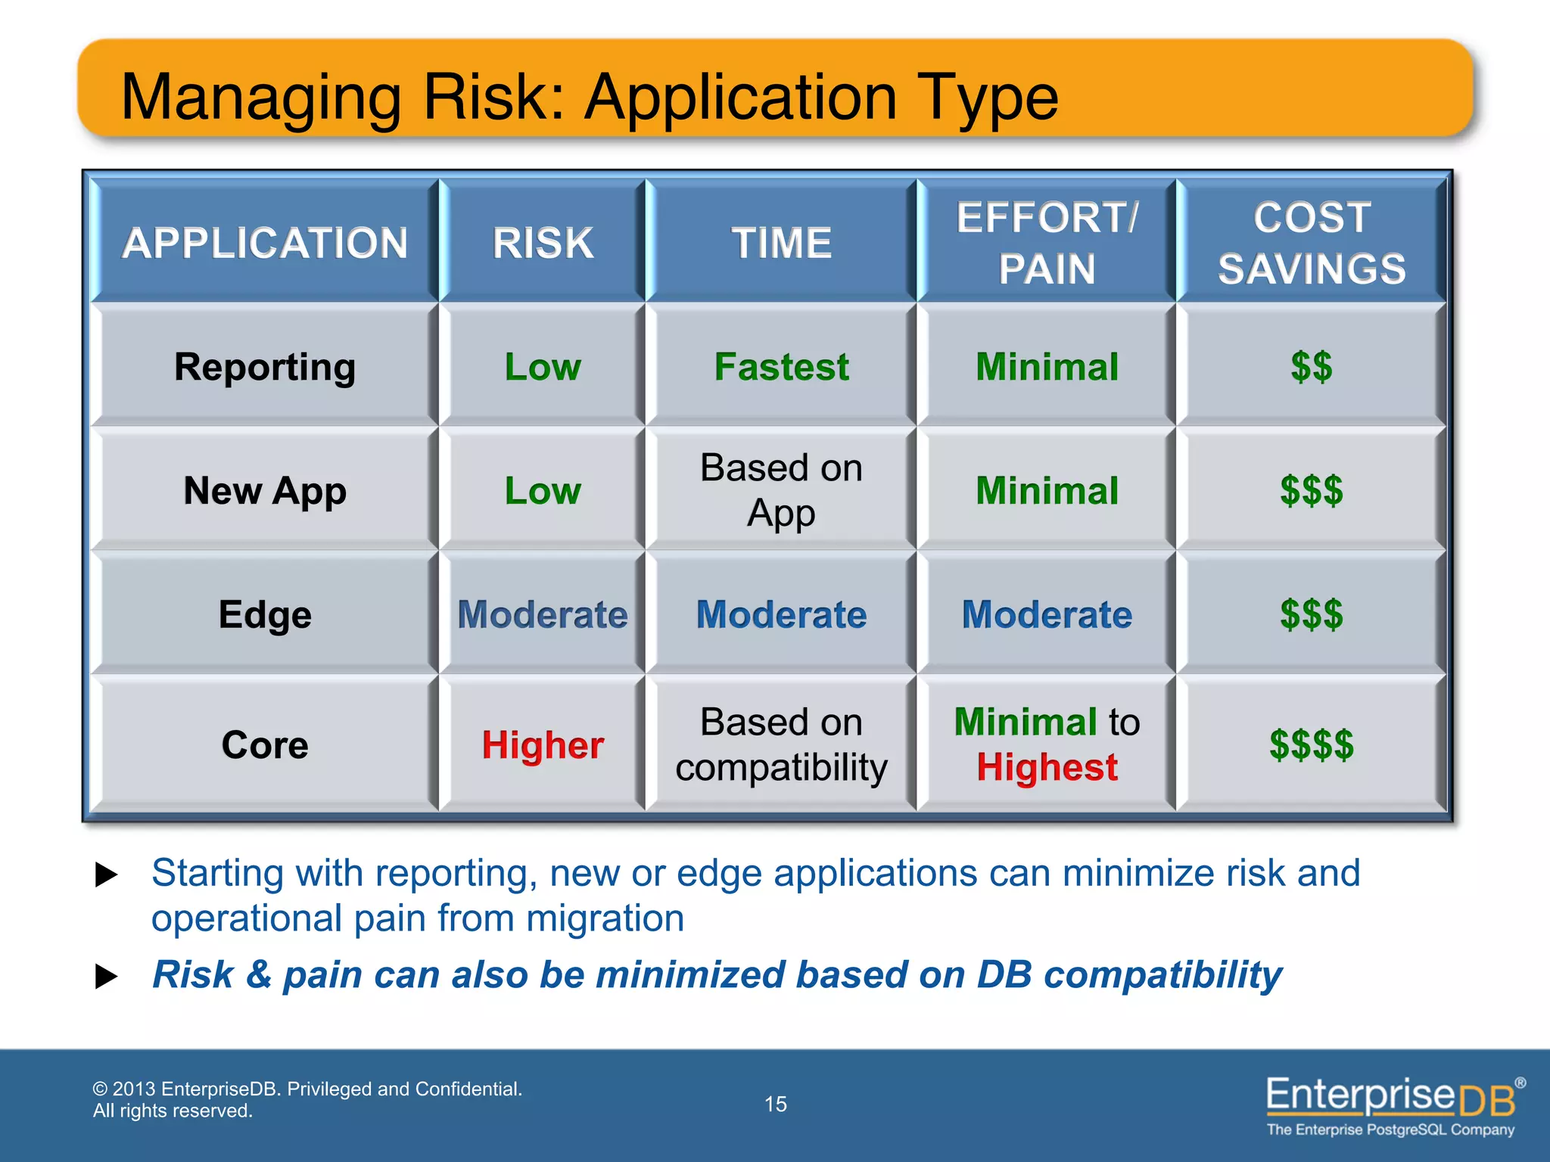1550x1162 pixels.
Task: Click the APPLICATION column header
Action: [x=265, y=243]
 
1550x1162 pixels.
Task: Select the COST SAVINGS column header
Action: [x=1312, y=243]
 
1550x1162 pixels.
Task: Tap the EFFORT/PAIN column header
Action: [x=1047, y=243]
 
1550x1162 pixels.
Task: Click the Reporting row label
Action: [x=265, y=367]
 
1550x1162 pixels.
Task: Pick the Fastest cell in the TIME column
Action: [x=781, y=367]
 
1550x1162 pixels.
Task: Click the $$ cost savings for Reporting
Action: [x=1312, y=367]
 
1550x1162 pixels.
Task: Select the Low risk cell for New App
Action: [x=543, y=491]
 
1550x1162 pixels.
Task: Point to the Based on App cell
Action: [x=781, y=490]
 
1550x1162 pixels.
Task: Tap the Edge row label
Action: [x=265, y=614]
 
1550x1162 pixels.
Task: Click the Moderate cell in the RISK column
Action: [x=543, y=614]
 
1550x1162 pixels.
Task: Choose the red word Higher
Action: [x=543, y=745]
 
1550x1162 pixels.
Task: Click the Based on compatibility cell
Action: [x=781, y=744]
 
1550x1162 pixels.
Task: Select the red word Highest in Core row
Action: [x=1047, y=768]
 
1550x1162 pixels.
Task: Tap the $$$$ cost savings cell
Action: [x=1312, y=745]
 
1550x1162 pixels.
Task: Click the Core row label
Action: [x=265, y=745]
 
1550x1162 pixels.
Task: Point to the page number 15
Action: [x=776, y=1104]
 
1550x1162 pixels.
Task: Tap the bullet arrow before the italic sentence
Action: [x=107, y=977]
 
